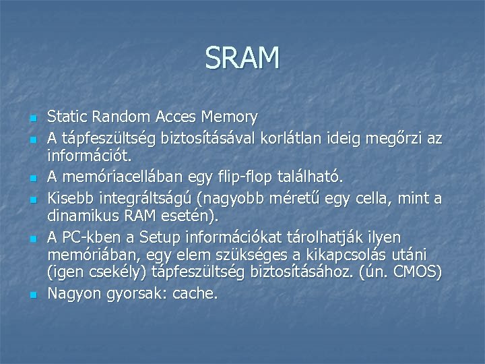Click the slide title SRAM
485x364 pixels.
pyautogui.click(x=243, y=58)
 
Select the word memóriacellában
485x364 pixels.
pyautogui.click(x=114, y=177)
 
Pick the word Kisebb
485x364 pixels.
pyautogui.click(x=71, y=198)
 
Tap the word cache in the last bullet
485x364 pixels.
pyautogui.click(x=195, y=294)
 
